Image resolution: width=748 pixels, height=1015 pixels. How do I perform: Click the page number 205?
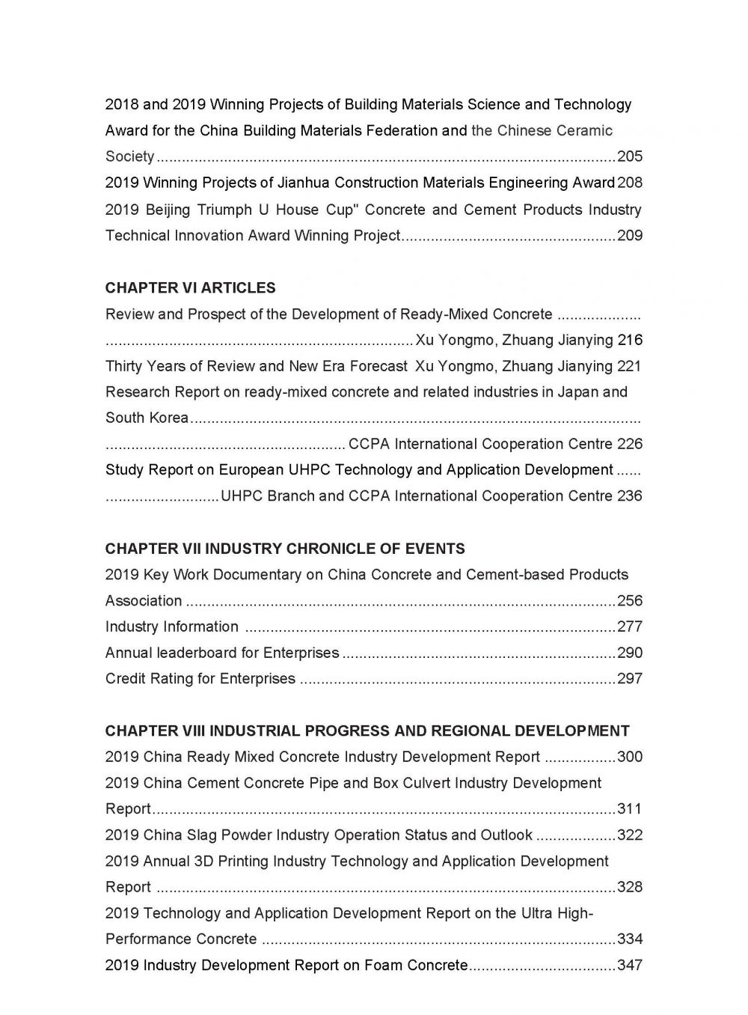point(630,156)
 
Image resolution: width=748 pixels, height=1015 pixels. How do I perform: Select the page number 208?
point(630,183)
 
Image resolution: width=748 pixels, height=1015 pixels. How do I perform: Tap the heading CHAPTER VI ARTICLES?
point(190,288)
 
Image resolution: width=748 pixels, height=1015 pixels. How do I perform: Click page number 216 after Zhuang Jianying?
point(630,340)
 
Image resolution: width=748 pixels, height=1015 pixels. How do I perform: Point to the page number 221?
point(630,366)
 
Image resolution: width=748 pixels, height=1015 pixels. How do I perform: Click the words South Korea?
point(147,418)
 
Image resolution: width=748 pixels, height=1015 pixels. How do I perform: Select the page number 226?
point(630,444)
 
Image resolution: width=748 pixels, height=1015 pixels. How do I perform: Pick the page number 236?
point(630,496)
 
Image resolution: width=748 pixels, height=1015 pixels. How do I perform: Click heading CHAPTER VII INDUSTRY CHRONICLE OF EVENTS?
point(285,549)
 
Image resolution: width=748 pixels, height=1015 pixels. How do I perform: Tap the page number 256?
point(630,600)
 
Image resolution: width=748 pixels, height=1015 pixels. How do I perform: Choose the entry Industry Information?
point(172,627)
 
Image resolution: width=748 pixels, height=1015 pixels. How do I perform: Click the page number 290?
point(630,653)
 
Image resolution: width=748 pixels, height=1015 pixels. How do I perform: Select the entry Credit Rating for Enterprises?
point(200,679)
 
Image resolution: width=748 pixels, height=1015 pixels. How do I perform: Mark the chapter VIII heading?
point(367,731)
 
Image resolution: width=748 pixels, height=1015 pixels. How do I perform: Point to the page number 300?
point(630,757)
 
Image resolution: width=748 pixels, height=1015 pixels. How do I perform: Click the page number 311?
point(630,808)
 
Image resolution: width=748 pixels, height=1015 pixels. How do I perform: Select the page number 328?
point(630,887)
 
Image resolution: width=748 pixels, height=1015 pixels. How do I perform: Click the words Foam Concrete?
point(416,965)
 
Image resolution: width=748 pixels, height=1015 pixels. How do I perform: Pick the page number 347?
point(630,965)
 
